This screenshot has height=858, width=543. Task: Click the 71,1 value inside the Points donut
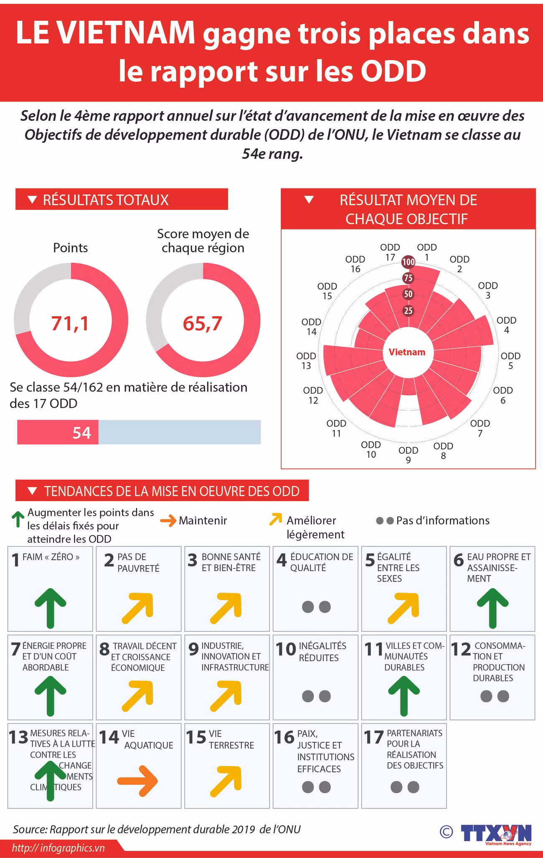pyautogui.click(x=70, y=323)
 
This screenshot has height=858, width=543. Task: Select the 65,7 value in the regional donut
pyautogui.click(x=203, y=323)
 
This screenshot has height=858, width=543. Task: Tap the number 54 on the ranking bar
pyautogui.click(x=81, y=433)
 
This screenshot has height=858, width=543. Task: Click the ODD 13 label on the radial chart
pyautogui.click(x=306, y=361)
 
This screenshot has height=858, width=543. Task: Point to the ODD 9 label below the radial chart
pyautogui.click(x=408, y=455)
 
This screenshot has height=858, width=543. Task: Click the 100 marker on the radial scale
pyautogui.click(x=408, y=262)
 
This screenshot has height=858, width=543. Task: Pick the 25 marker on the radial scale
pyautogui.click(x=408, y=310)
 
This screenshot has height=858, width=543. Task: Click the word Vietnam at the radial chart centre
pyautogui.click(x=407, y=352)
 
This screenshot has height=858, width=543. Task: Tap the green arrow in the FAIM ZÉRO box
pyautogui.click(x=50, y=608)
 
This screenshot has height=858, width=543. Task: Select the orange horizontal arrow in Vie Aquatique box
pyautogui.click(x=137, y=781)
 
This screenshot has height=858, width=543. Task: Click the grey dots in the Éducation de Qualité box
pyautogui.click(x=316, y=607)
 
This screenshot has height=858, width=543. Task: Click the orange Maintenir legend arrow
pyautogui.click(x=168, y=520)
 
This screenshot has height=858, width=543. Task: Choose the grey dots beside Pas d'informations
pyautogui.click(x=385, y=521)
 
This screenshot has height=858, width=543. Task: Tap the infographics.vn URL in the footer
pyautogui.click(x=58, y=848)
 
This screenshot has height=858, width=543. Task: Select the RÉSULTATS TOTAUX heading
pyautogui.click(x=105, y=200)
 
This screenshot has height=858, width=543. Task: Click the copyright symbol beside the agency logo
pyautogui.click(x=446, y=832)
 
